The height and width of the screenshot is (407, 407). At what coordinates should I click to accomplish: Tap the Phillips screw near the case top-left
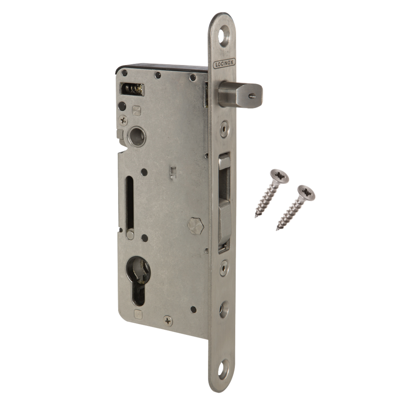(x=123, y=120)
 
